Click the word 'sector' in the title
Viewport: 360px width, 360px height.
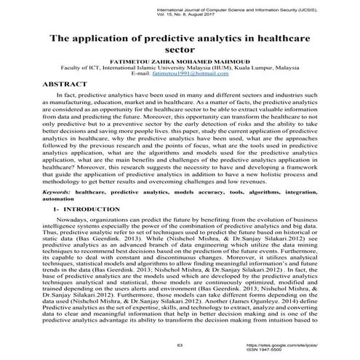180,51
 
